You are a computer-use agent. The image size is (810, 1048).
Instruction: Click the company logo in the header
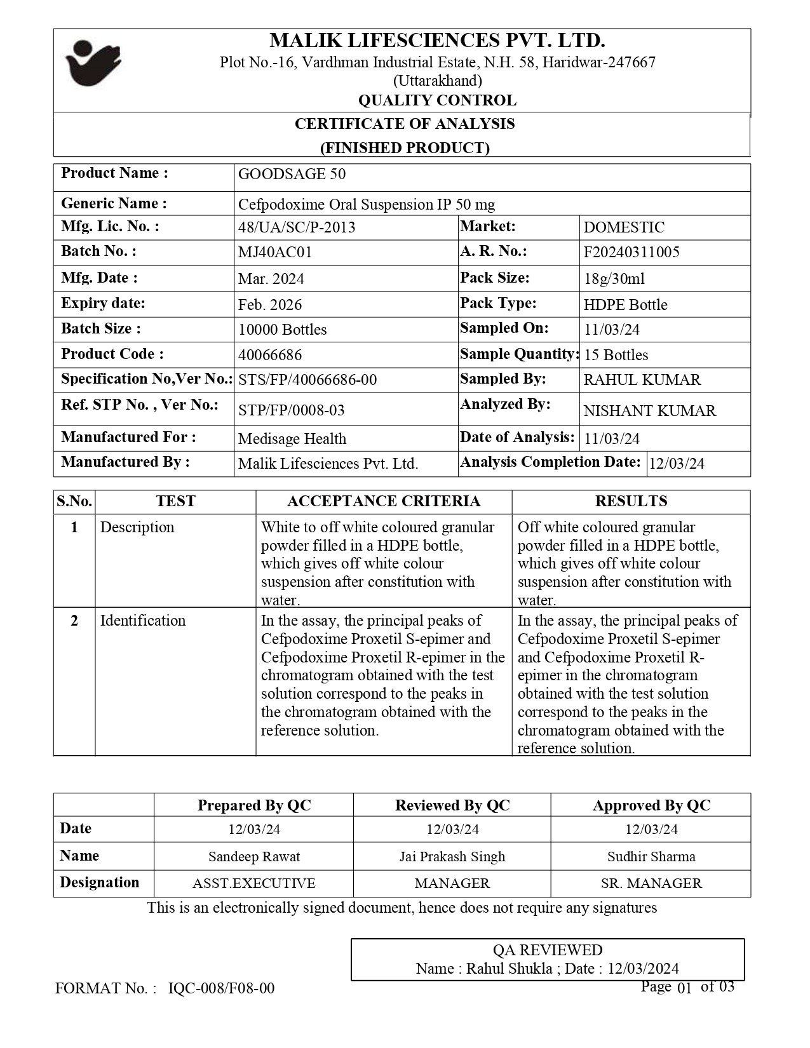click(x=93, y=62)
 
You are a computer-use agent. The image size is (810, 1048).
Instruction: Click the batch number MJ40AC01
click(x=275, y=252)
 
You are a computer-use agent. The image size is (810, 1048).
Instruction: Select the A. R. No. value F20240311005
click(x=631, y=252)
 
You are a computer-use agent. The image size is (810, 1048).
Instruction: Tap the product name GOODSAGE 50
click(x=292, y=174)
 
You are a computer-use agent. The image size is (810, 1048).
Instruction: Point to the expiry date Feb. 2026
click(x=270, y=305)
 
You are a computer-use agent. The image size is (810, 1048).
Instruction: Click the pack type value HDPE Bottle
click(x=625, y=305)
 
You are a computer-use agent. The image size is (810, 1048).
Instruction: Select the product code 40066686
click(x=270, y=355)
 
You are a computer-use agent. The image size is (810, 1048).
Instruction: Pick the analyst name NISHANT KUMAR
click(x=649, y=411)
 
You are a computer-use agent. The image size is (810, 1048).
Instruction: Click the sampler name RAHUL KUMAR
click(x=642, y=380)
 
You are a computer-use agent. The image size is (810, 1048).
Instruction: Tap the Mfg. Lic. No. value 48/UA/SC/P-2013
click(x=297, y=227)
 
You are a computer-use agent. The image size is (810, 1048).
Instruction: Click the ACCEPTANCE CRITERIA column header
click(x=384, y=501)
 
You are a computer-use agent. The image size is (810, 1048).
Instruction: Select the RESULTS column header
click(x=631, y=501)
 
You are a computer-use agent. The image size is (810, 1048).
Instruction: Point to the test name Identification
click(x=143, y=621)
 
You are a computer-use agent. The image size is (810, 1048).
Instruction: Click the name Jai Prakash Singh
click(x=452, y=856)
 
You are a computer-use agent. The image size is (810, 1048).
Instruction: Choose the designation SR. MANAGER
click(x=651, y=883)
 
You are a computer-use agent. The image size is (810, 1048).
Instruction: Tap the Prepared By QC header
click(x=254, y=805)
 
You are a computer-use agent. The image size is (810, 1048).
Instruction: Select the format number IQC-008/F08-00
click(x=222, y=988)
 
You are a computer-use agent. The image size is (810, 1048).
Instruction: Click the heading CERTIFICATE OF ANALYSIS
click(x=405, y=124)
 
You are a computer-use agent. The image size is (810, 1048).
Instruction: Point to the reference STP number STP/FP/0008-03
click(x=291, y=410)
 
